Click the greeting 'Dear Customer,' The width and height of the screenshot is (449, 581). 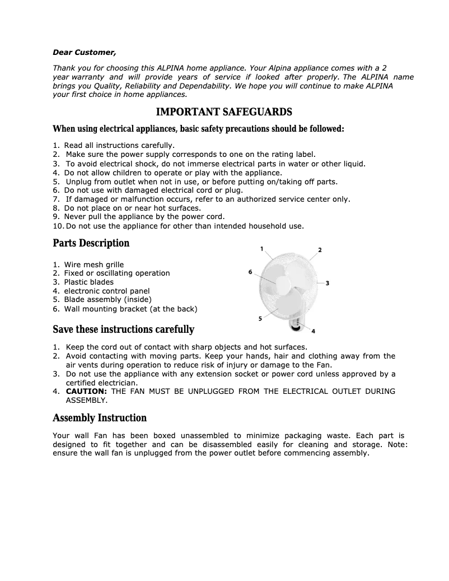pyautogui.click(x=85, y=53)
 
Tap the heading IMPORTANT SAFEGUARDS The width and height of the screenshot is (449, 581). pyautogui.click(x=224, y=112)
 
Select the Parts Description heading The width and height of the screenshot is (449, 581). pyautogui.click(x=91, y=243)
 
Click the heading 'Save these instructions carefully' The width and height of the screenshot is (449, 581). pyautogui.click(x=123, y=329)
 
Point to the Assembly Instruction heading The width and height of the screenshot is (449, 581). pyautogui.click(x=100, y=418)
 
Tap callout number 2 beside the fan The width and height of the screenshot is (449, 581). pyautogui.click(x=320, y=250)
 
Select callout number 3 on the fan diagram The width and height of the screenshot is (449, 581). pyautogui.click(x=327, y=283)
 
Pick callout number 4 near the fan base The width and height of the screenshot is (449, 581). pyautogui.click(x=312, y=331)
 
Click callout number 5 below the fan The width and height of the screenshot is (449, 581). pyautogui.click(x=260, y=319)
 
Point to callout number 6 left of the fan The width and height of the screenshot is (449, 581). pyautogui.click(x=250, y=272)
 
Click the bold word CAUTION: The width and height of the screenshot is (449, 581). pyautogui.click(x=86, y=391)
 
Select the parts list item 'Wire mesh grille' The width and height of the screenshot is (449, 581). pyautogui.click(x=93, y=264)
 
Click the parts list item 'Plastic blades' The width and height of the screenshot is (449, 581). pyautogui.click(x=88, y=282)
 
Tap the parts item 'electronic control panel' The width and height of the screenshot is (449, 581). pyautogui.click(x=106, y=291)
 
